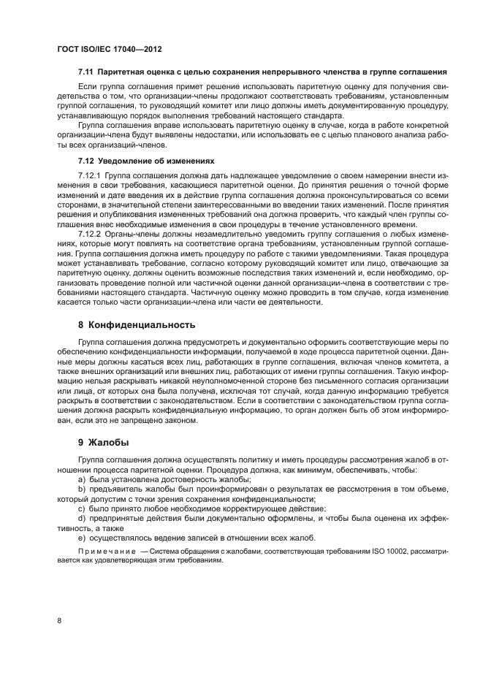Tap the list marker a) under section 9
(80, 479)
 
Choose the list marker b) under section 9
(80, 489)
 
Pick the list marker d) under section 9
(80, 517)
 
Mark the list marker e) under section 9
(80, 537)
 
